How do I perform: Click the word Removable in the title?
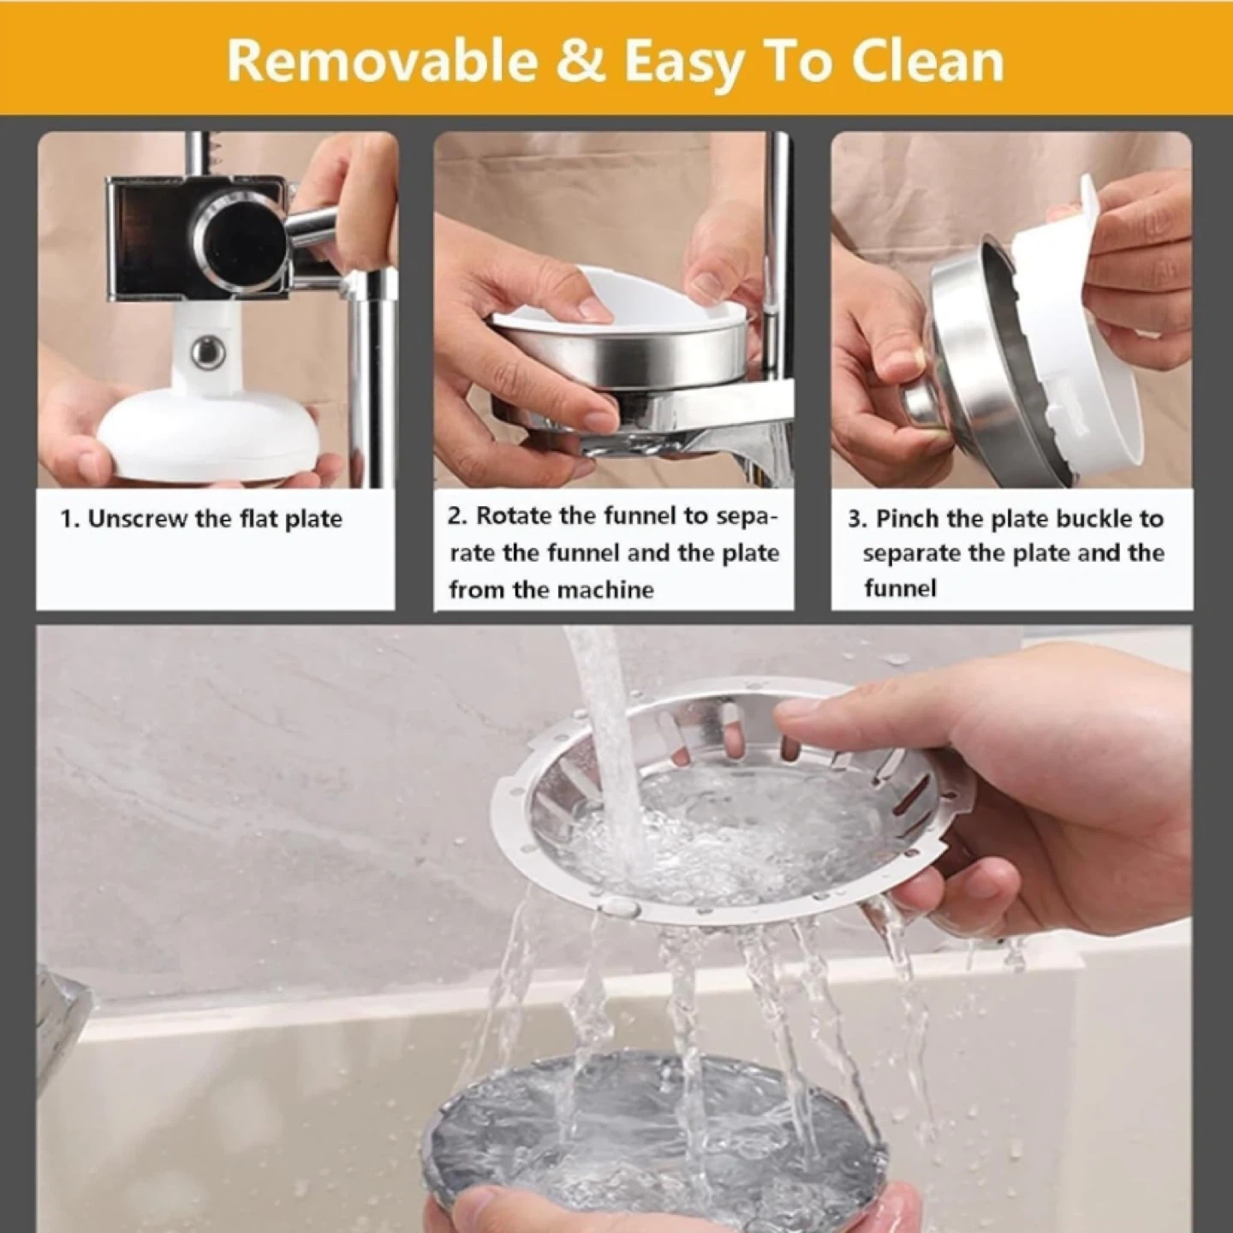coord(383,62)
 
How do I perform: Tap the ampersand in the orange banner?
coord(580,62)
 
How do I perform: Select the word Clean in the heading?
coord(927,62)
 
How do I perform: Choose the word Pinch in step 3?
coord(908,519)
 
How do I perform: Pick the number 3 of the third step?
coord(855,519)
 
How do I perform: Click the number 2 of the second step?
coord(455,515)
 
